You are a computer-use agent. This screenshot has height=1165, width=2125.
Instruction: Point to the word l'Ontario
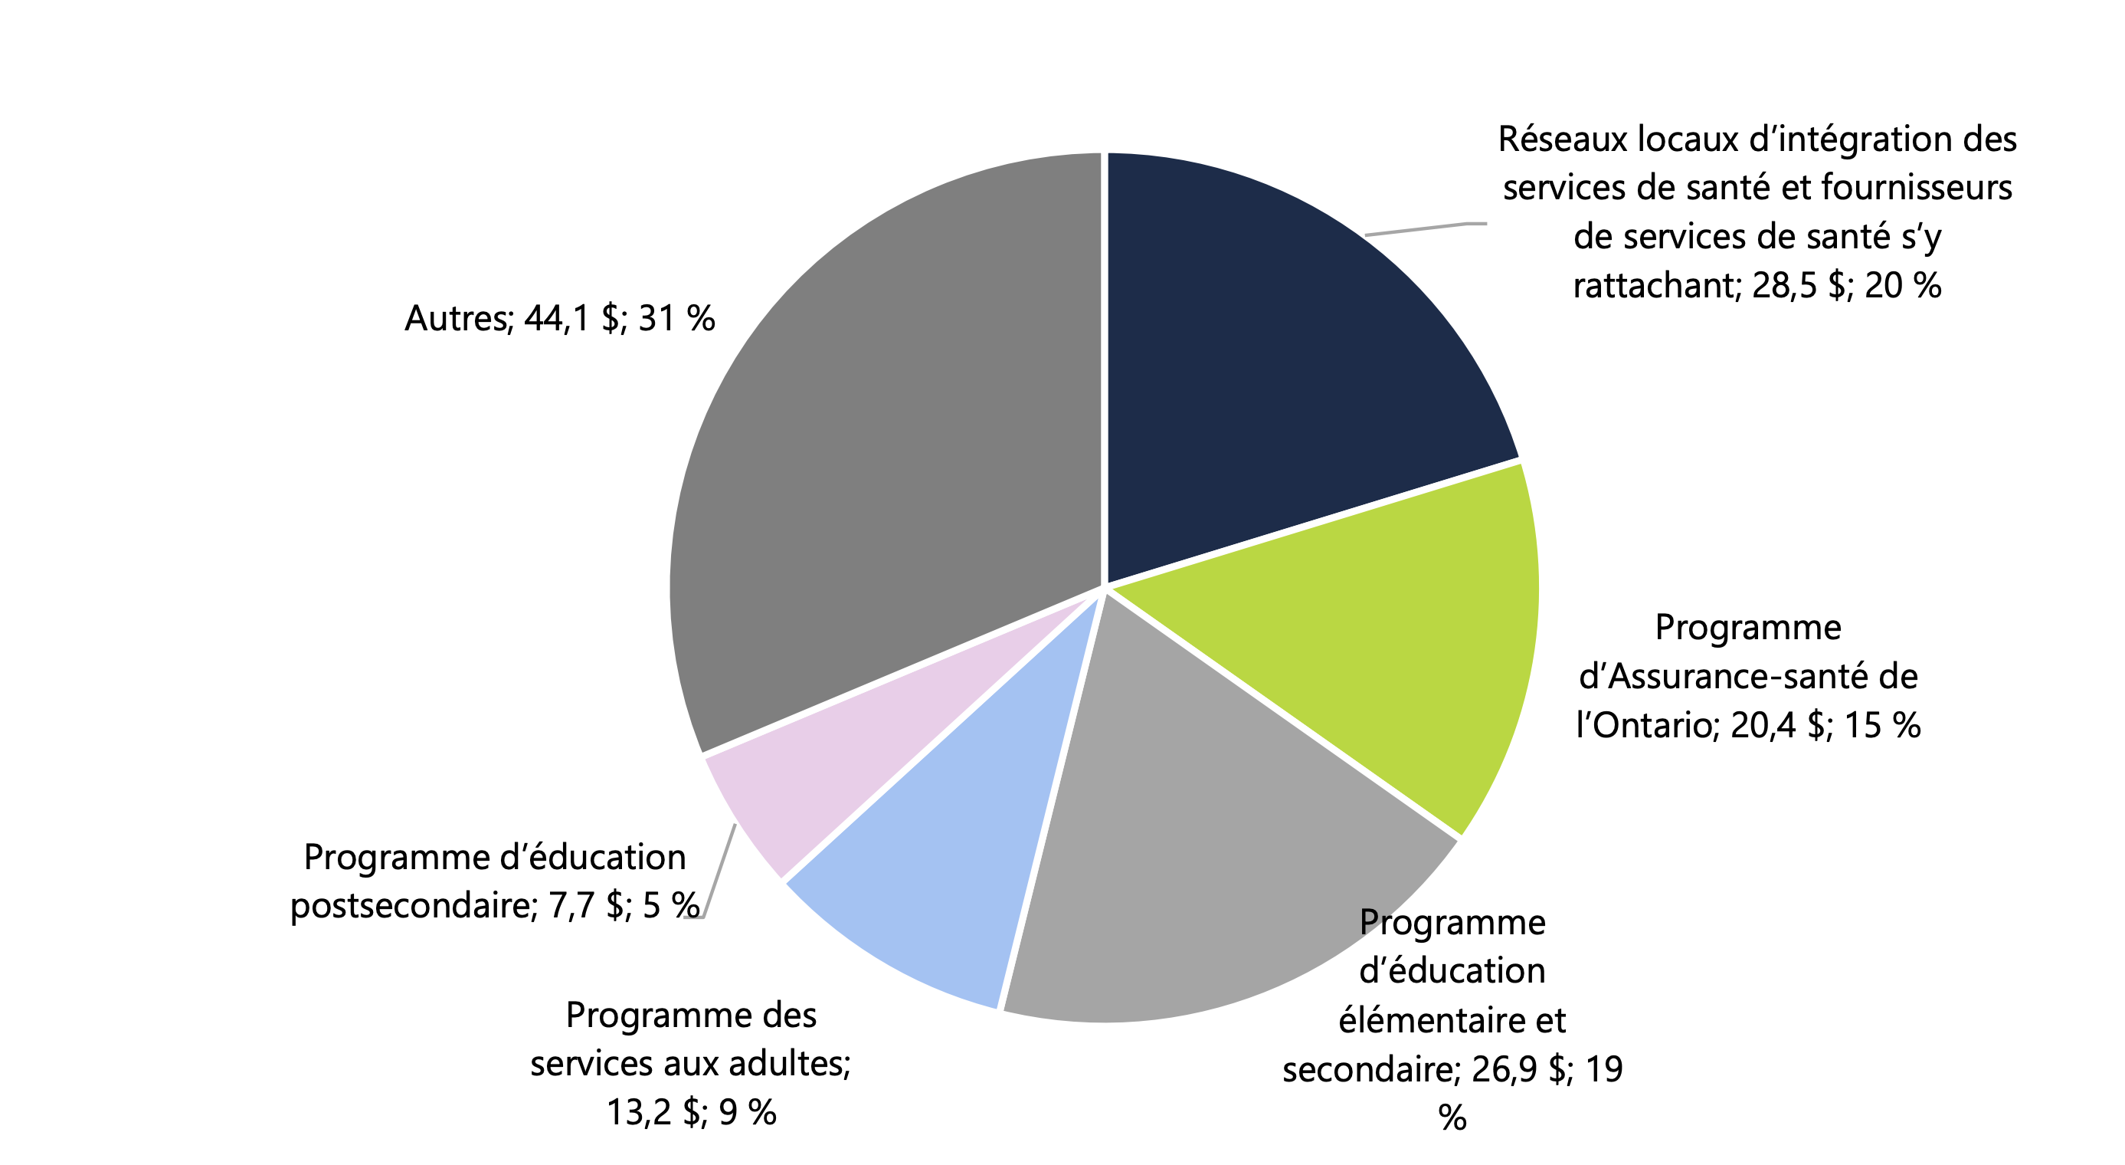(1646, 726)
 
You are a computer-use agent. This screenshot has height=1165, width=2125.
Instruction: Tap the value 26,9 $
(1520, 1070)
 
